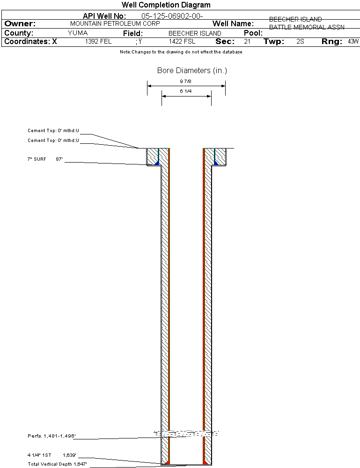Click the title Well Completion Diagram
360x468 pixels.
(166, 5)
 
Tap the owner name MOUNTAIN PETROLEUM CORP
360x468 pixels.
(115, 23)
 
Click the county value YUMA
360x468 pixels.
(78, 33)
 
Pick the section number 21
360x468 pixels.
(247, 42)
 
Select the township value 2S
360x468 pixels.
(301, 42)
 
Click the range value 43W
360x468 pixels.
(353, 42)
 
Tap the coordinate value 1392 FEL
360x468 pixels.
(98, 42)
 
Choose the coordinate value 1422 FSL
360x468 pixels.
(182, 42)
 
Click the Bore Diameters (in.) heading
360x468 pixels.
(192, 71)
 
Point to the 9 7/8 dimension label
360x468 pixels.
(187, 81)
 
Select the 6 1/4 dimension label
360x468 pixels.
(187, 91)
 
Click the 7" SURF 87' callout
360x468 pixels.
(45, 159)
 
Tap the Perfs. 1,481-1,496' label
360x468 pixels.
(51, 436)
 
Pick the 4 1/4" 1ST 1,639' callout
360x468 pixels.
(51, 455)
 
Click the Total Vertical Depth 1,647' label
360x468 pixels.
(57, 464)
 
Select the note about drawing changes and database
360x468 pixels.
(181, 52)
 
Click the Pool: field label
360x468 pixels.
(253, 33)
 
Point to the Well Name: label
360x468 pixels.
(233, 23)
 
